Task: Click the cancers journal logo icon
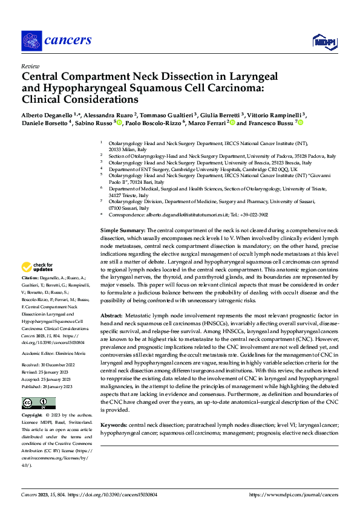31,41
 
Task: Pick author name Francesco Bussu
270,123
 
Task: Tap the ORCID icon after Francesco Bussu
299,123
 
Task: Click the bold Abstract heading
111,316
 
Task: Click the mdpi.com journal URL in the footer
293,494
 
